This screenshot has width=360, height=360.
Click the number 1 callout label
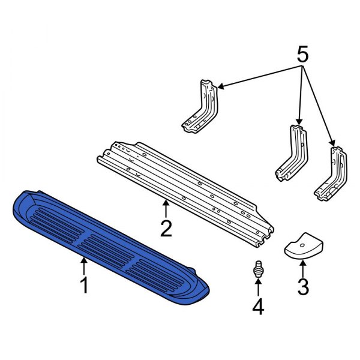pyautogui.click(x=84, y=284)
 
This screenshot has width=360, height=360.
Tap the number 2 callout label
pyautogui.click(x=166, y=228)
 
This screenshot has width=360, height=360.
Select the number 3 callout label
pyautogui.click(x=303, y=287)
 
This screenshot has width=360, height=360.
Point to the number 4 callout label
pyautogui.click(x=257, y=307)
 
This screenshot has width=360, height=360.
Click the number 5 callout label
pyautogui.click(x=303, y=56)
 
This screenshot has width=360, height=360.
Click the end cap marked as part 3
pyautogui.click(x=303, y=247)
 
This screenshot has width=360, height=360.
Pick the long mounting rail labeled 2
pyautogui.click(x=186, y=186)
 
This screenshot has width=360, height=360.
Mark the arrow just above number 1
pyautogui.click(x=84, y=264)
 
